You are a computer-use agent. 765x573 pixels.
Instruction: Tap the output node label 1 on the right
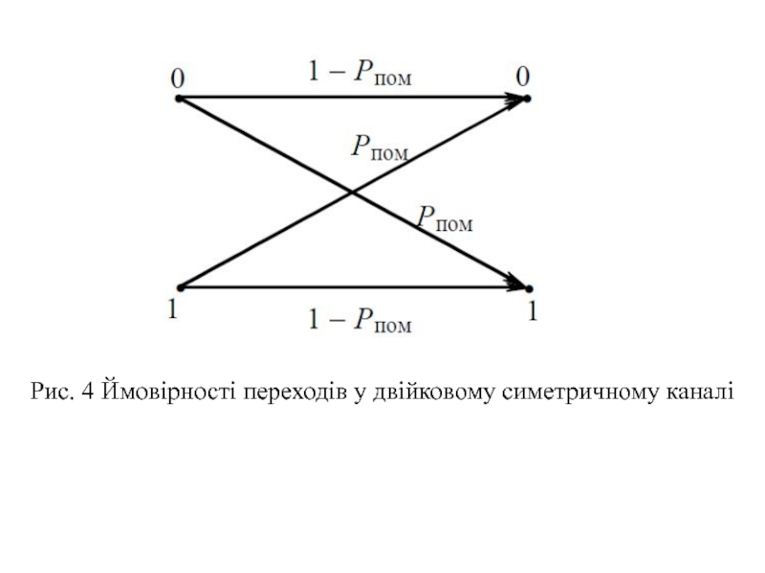[531, 310]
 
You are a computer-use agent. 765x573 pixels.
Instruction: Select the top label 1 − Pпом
[359, 74]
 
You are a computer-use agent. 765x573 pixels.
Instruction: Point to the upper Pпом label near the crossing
[380, 148]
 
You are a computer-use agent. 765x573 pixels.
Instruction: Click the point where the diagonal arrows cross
[352, 193]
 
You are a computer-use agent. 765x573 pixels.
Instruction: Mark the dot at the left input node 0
[178, 97]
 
